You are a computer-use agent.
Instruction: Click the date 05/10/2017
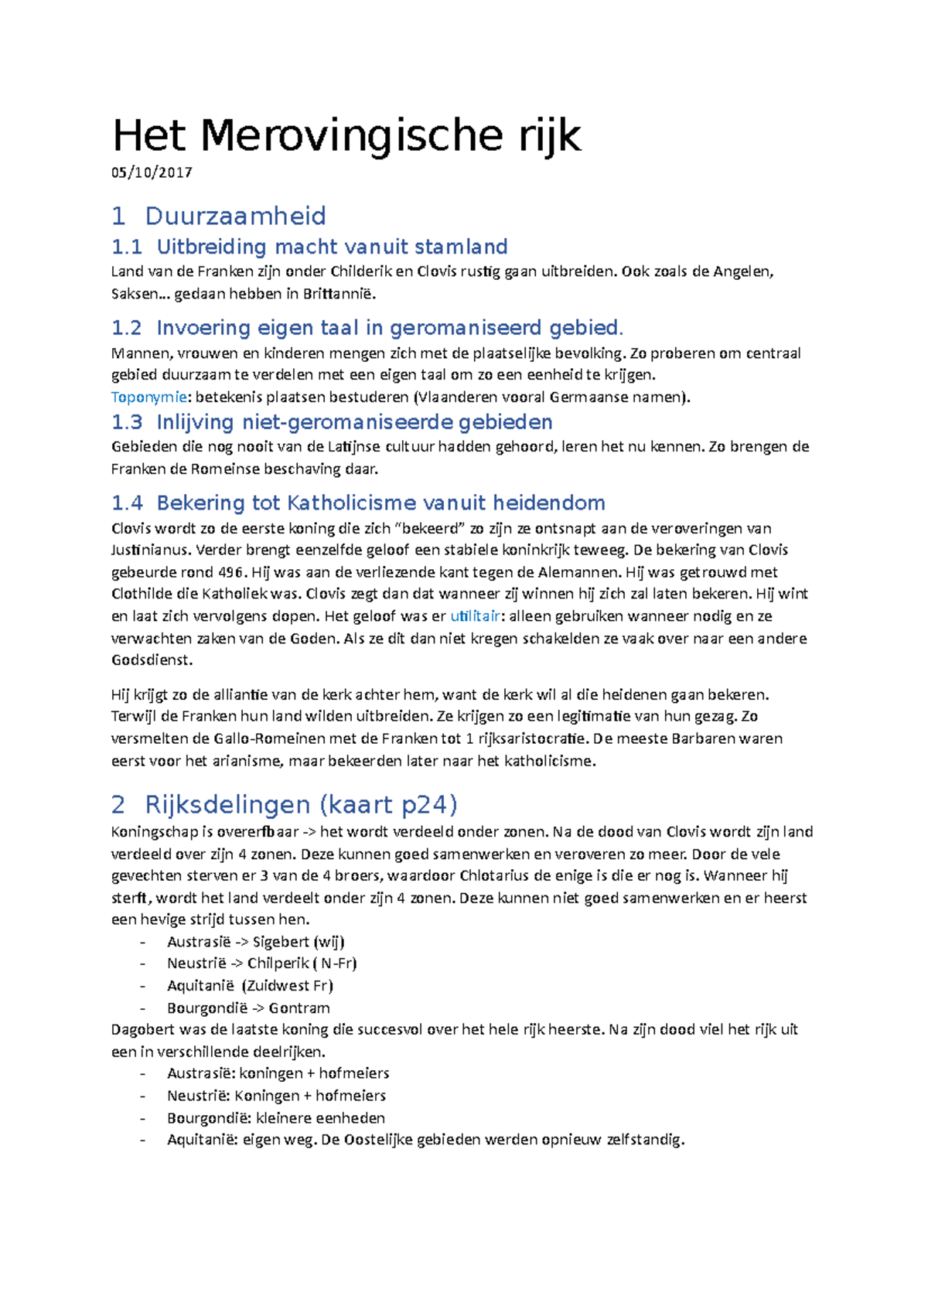(x=152, y=172)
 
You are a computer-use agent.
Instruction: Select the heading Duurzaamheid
(x=235, y=216)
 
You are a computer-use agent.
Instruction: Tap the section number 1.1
(x=127, y=247)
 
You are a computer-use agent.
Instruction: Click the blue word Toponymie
(x=148, y=397)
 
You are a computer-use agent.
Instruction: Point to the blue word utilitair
(x=475, y=616)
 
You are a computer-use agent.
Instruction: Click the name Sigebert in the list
(x=281, y=942)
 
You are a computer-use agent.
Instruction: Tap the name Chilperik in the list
(x=278, y=963)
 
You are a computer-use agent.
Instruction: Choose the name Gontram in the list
(x=299, y=1008)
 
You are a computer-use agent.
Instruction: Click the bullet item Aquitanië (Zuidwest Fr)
(x=250, y=986)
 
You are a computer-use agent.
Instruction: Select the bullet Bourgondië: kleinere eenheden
(x=275, y=1118)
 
